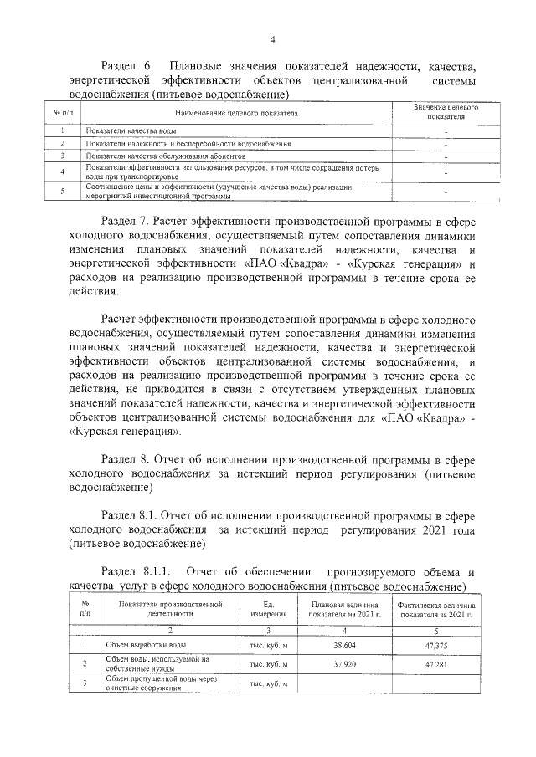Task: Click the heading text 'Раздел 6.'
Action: coord(126,65)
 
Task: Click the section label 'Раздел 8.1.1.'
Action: coord(134,570)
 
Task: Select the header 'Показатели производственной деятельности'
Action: coord(169,608)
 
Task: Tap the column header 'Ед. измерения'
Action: coord(269,608)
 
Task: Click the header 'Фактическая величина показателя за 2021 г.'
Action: coord(438,608)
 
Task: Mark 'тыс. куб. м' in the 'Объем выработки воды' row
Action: coord(269,645)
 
